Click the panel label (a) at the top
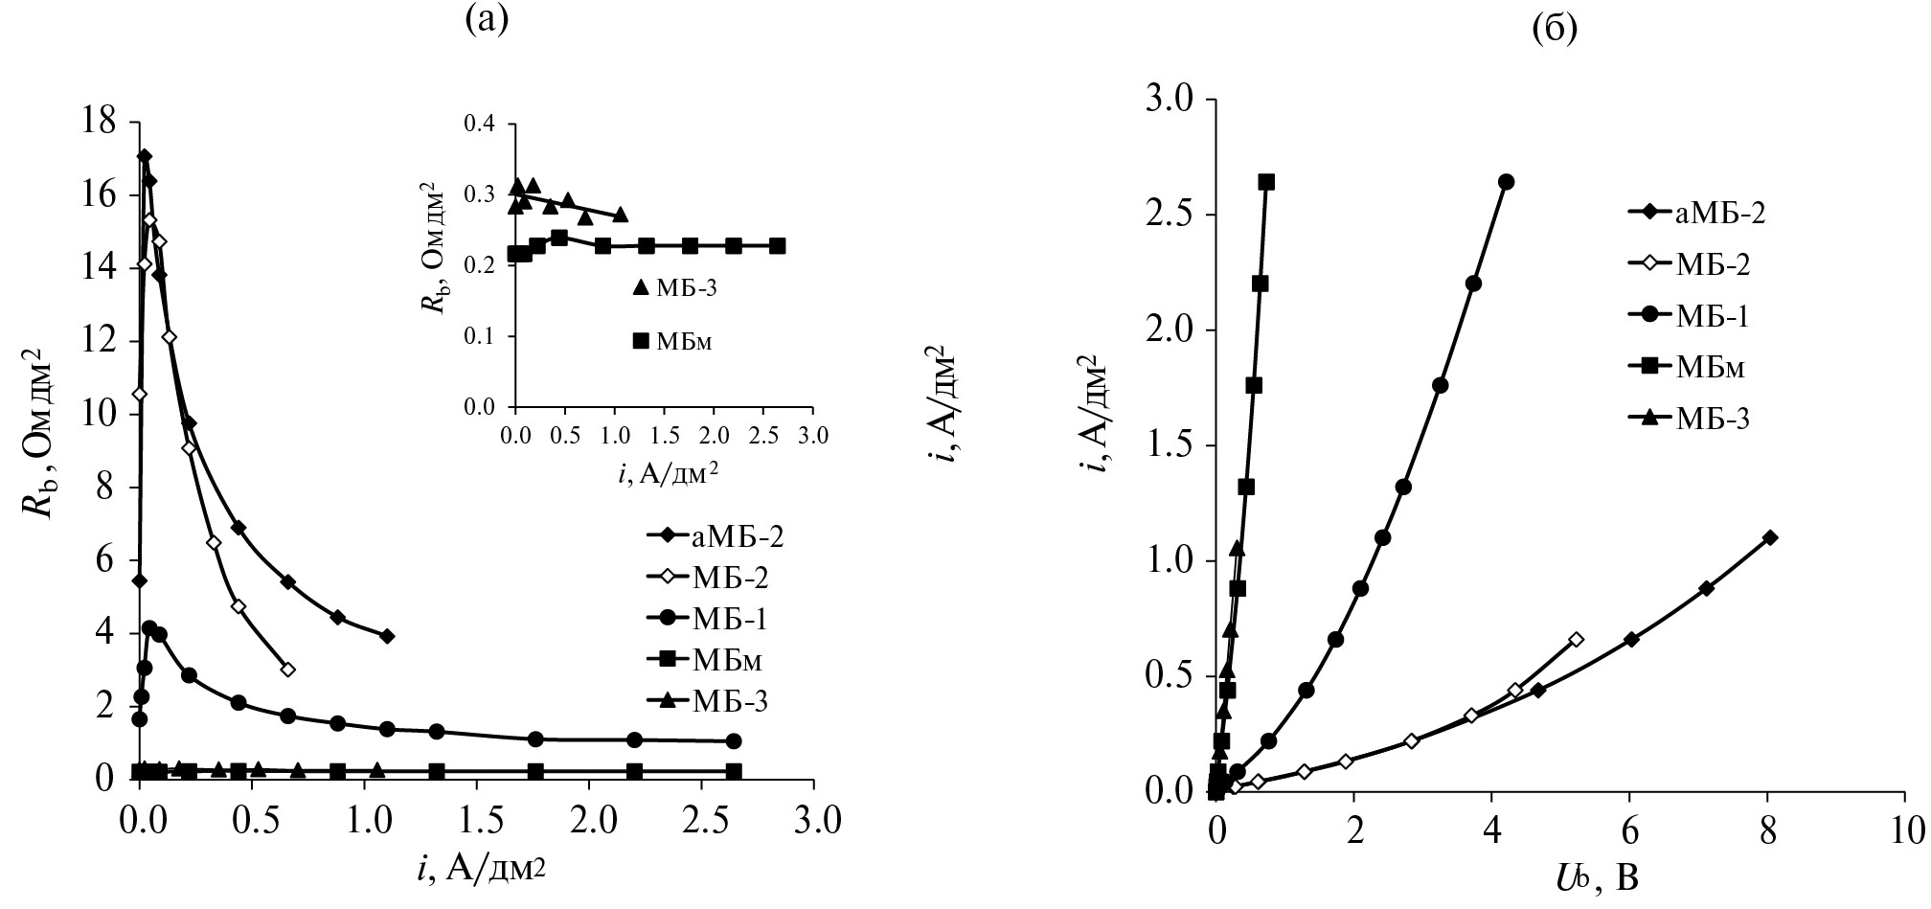(485, 18)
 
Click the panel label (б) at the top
(1555, 30)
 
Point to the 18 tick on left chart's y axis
(101, 122)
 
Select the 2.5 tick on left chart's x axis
(701, 821)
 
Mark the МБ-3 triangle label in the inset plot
(675, 287)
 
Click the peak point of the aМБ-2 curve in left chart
(145, 156)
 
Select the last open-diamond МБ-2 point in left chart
(287, 670)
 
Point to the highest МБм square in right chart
(1266, 182)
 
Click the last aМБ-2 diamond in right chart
(1770, 537)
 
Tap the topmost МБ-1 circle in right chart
(1506, 182)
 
